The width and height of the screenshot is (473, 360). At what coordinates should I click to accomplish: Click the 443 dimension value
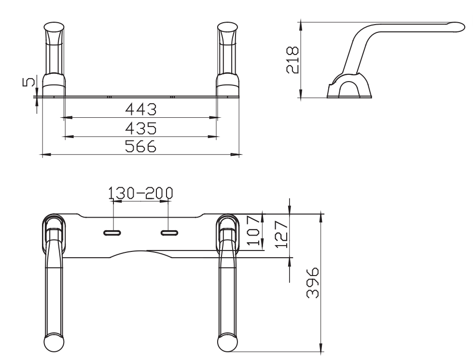pyautogui.click(x=141, y=109)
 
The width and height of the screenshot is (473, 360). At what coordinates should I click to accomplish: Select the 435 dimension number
pyautogui.click(x=141, y=128)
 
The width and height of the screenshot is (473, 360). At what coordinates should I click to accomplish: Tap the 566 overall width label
pyautogui.click(x=141, y=146)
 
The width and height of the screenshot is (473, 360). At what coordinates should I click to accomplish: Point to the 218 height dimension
pyautogui.click(x=292, y=59)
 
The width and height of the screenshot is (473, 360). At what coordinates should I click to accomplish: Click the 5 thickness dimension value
pyautogui.click(x=29, y=82)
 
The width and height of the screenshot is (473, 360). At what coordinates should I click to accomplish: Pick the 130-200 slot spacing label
pyautogui.click(x=141, y=193)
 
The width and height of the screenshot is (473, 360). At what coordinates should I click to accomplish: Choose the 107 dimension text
pyautogui.click(x=253, y=230)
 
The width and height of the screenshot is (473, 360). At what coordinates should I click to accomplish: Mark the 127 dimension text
pyautogui.click(x=282, y=234)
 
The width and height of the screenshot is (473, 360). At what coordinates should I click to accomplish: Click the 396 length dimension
pyautogui.click(x=313, y=282)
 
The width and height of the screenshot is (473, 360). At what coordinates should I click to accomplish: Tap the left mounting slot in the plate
pyautogui.click(x=112, y=233)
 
